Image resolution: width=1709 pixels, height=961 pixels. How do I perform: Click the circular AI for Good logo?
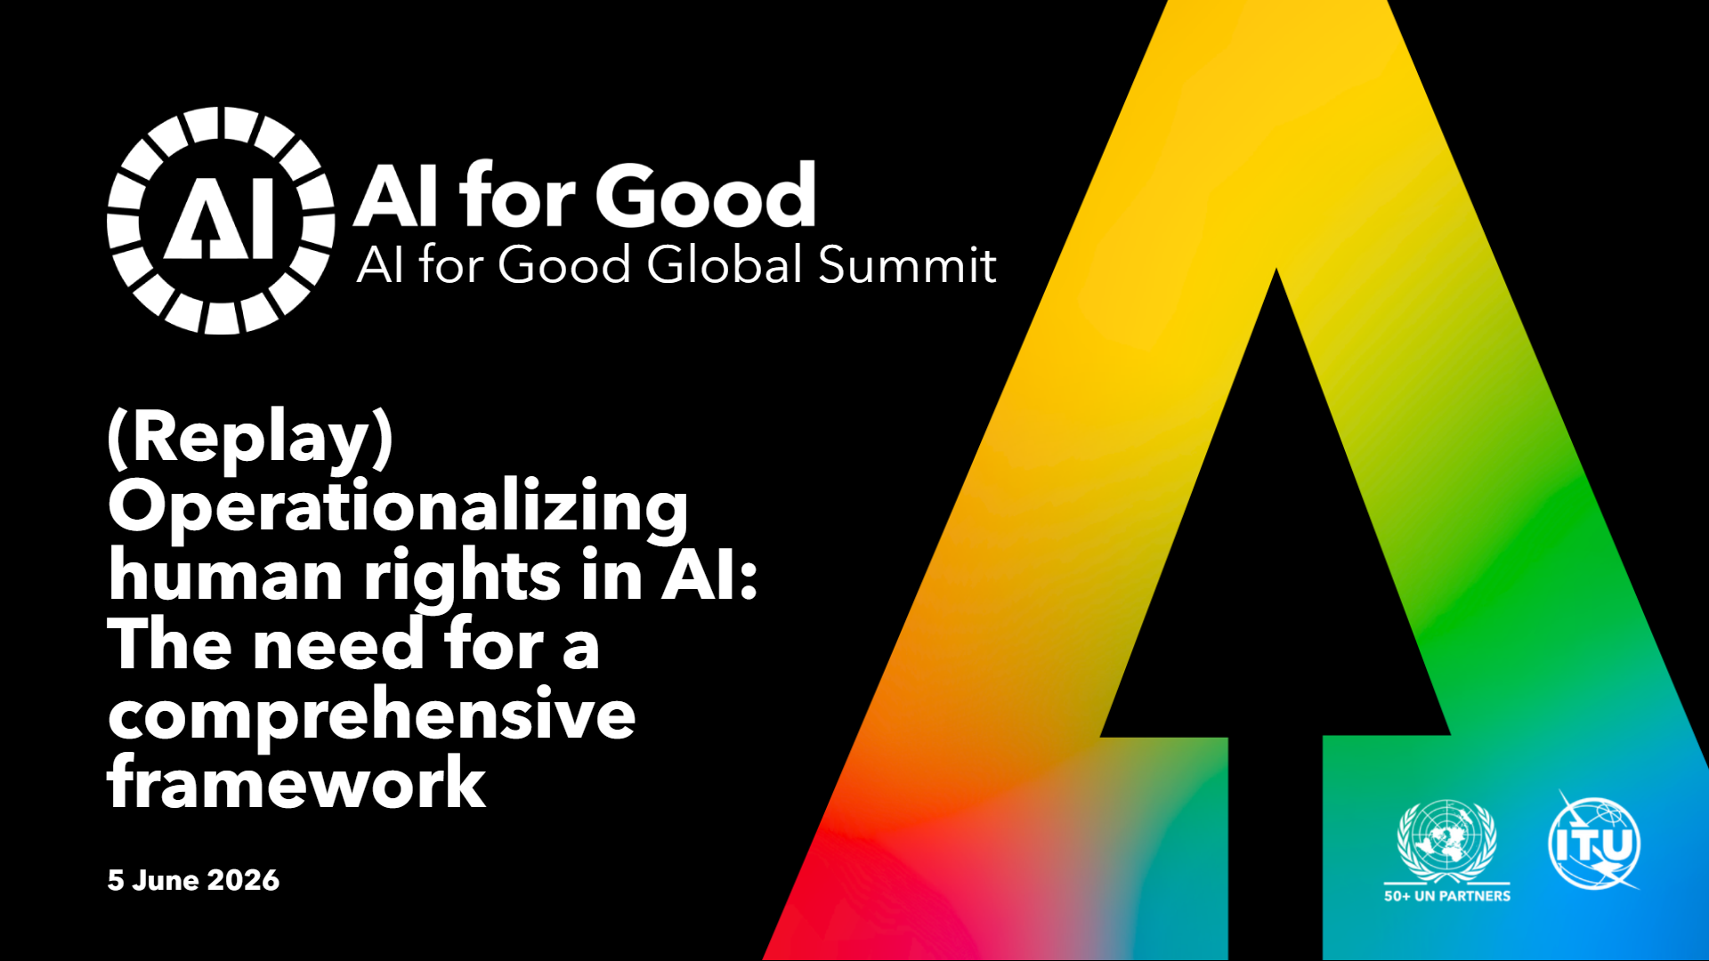click(x=221, y=221)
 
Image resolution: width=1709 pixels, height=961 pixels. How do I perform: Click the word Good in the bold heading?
click(x=706, y=196)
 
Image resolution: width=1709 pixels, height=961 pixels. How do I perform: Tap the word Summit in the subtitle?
click(x=907, y=264)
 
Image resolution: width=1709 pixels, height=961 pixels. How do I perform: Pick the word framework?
click(x=296, y=780)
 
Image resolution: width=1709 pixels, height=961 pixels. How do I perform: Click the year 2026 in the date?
click(x=243, y=880)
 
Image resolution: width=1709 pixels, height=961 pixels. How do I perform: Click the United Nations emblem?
click(x=1447, y=841)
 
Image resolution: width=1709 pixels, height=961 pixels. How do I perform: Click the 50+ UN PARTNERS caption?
click(x=1447, y=896)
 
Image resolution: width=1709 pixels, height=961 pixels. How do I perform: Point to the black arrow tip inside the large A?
click(x=1276, y=270)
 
